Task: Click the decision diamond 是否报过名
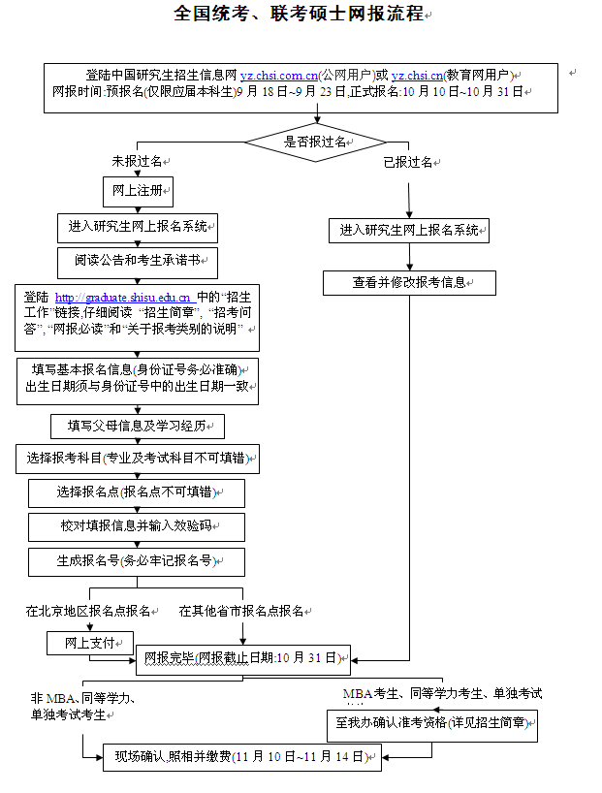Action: click(314, 142)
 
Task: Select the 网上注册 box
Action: click(138, 191)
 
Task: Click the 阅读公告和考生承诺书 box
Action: click(138, 262)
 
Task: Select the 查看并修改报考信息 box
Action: click(409, 283)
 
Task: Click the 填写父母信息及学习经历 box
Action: click(138, 427)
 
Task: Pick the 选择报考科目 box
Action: click(140, 459)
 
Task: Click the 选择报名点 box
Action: click(137, 492)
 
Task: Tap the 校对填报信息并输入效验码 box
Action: click(137, 526)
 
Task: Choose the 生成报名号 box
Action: click(137, 560)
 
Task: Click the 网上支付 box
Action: click(90, 643)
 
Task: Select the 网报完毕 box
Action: click(240, 659)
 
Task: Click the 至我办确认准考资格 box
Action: click(431, 723)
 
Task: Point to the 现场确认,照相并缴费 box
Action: click(233, 756)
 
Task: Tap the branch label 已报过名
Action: click(407, 162)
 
